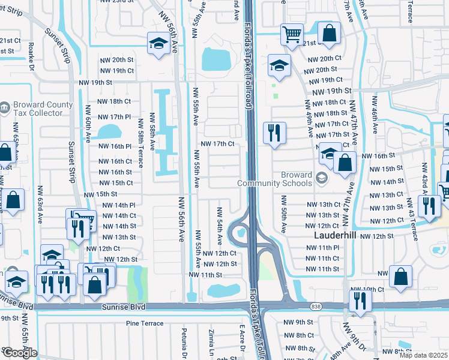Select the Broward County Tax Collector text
tap(37, 109)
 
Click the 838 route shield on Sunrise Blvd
tap(316, 307)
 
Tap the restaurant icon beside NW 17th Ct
tap(274, 133)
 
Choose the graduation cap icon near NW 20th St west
tap(158, 44)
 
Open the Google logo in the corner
tap(20, 353)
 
